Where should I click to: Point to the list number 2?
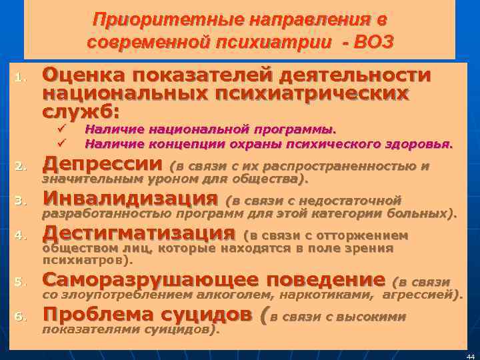coord(19,166)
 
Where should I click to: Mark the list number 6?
coord(19,316)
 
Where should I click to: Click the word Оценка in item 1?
coord(83,75)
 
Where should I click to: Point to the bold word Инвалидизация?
coord(129,199)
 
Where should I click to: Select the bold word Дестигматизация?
coord(139,233)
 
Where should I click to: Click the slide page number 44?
coord(471,355)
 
